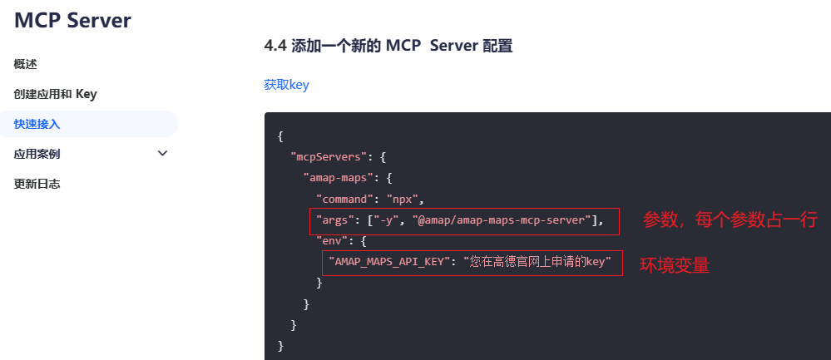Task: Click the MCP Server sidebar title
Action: point(72,21)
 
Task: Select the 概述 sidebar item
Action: point(25,64)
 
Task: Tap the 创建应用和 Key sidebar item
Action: point(55,94)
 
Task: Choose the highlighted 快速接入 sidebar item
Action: point(37,124)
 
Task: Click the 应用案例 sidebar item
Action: point(37,154)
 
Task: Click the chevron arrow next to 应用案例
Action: point(162,153)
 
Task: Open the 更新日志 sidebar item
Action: point(37,184)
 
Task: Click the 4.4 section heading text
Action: point(388,46)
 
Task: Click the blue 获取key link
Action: point(286,85)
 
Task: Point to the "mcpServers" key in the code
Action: point(329,155)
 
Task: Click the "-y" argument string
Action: point(389,220)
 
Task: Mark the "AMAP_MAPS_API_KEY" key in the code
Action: point(389,263)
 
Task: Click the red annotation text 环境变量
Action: point(674,266)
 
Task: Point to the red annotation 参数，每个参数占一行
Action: point(730,220)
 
